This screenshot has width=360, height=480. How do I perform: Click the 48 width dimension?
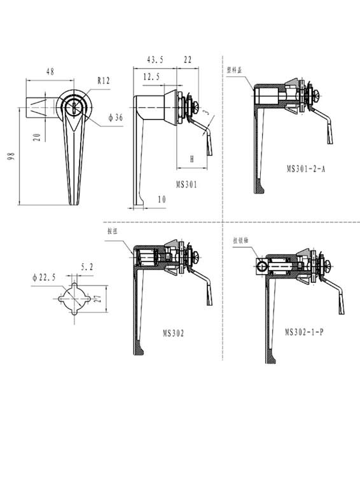pos(50,72)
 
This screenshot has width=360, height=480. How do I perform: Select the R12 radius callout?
pos(104,81)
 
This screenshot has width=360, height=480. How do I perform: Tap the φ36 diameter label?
pos(115,118)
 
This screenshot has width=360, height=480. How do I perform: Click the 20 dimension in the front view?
pos(37,137)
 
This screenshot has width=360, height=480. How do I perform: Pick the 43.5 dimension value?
pos(155,59)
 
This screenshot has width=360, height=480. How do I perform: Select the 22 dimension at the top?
pos(188,59)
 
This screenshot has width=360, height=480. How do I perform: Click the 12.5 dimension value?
pos(151,76)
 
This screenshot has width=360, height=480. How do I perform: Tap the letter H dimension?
pos(191,160)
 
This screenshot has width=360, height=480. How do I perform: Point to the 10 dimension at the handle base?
pos(162,200)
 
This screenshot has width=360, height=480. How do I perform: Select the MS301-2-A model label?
pos(306,168)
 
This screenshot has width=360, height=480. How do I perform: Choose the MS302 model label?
pos(173,333)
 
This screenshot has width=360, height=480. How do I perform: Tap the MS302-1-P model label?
pos(304,333)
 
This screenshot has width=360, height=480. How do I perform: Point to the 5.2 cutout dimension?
pos(87,268)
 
